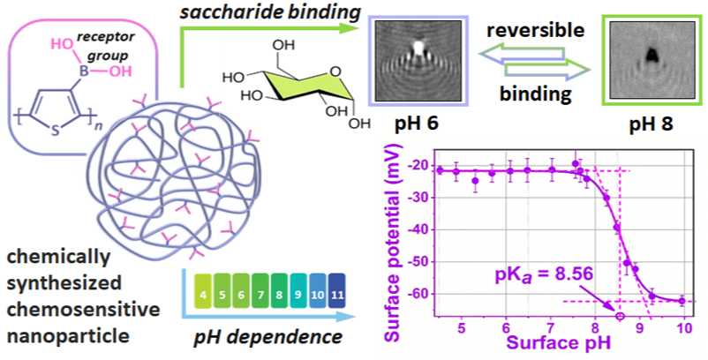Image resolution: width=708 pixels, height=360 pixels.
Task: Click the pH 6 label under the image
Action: coord(412,125)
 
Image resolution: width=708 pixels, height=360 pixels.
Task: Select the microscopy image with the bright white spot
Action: coord(413,58)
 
